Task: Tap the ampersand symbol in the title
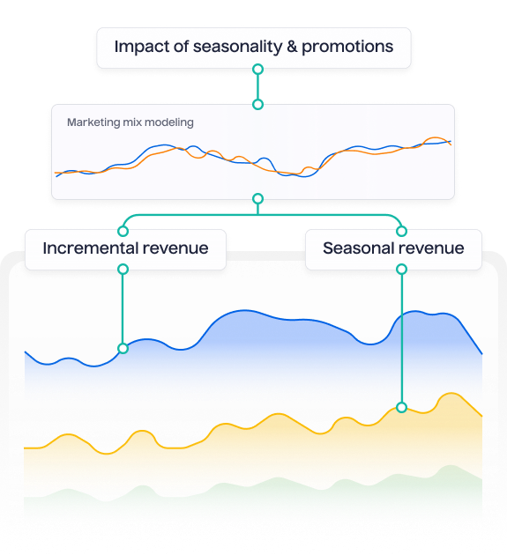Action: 292,47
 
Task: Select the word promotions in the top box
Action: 347,47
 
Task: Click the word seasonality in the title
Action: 237,47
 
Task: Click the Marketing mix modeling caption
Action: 130,122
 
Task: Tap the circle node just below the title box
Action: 258,69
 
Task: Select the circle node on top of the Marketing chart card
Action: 258,105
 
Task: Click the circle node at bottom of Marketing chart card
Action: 258,199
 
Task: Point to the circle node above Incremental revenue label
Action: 123,231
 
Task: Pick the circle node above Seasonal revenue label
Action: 401,231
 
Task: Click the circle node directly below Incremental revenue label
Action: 123,270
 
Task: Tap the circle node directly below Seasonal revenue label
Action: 401,270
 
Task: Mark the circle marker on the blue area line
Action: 123,348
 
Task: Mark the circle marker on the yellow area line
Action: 401,407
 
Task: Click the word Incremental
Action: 85,248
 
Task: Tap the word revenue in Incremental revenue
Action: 170,248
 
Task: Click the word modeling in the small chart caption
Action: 169,122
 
